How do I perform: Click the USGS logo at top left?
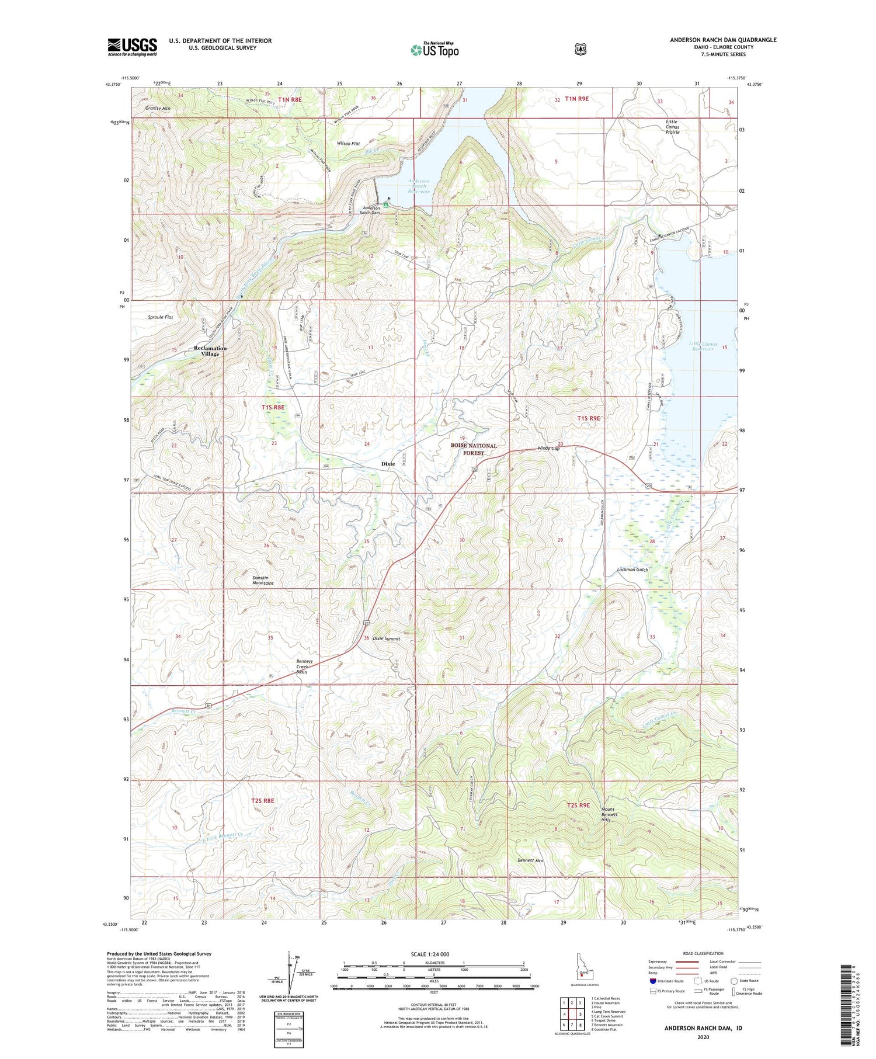[132, 47]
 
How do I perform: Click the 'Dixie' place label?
[388, 464]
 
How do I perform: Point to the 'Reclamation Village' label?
[210, 350]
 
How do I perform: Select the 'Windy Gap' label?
[548, 449]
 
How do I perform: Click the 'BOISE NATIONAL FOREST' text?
[474, 449]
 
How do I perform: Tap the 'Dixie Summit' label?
[387, 638]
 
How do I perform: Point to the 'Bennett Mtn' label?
[531, 860]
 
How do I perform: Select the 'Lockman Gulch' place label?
[633, 570]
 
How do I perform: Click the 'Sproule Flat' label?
[160, 317]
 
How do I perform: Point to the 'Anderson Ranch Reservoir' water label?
[419, 186]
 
